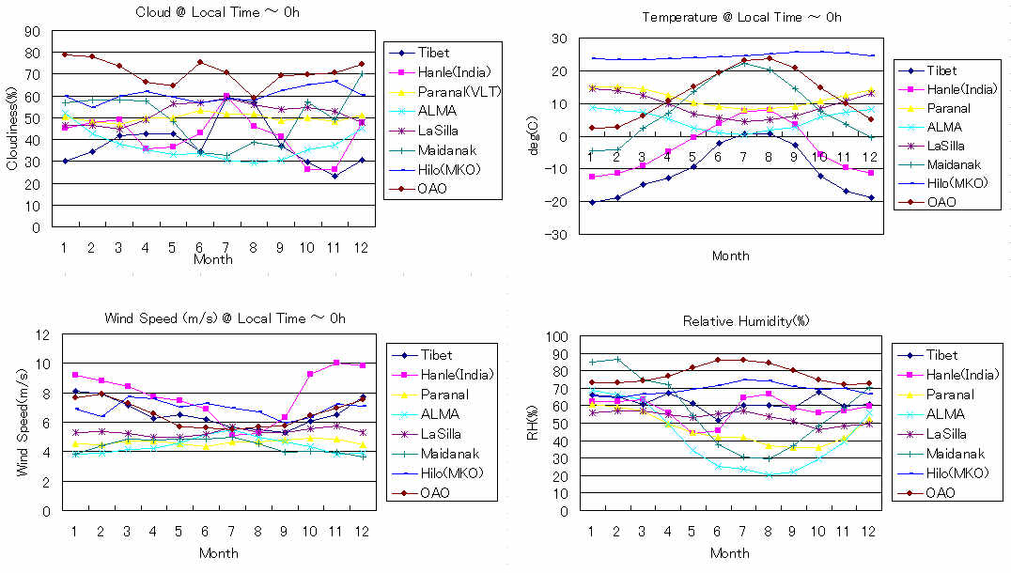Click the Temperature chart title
[741, 18]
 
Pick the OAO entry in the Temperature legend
[941, 201]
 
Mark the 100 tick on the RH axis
[556, 337]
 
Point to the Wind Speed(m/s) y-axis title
[22, 424]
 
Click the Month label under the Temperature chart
[730, 255]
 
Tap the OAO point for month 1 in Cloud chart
[64, 54]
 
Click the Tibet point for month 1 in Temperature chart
[592, 202]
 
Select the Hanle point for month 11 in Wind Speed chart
[335, 363]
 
